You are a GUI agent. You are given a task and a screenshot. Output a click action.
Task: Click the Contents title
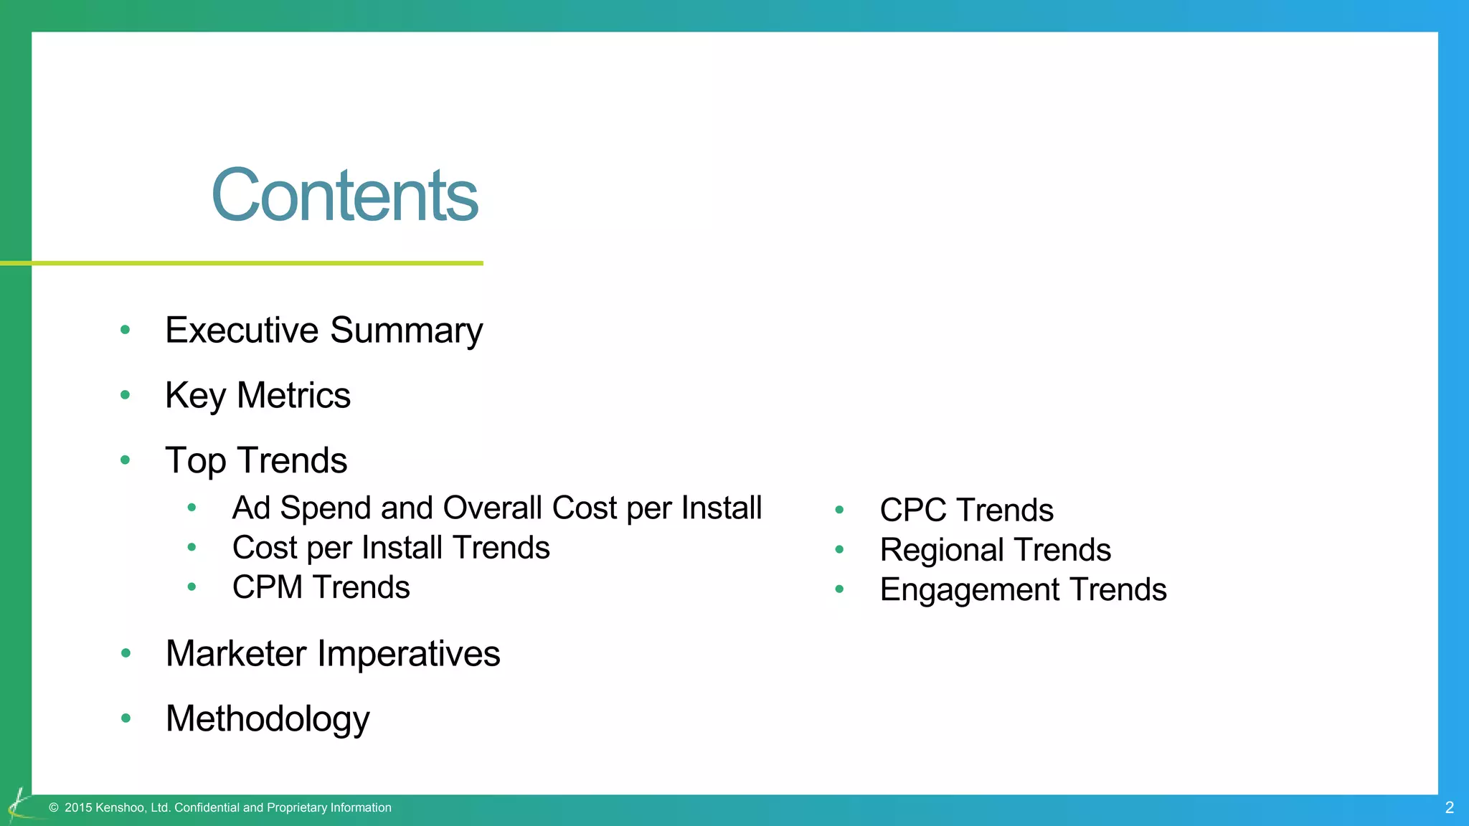pyautogui.click(x=344, y=195)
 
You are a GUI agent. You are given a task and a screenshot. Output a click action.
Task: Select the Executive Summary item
pyautogui.click(x=323, y=331)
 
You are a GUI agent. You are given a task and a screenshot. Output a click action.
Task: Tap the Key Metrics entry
pyautogui.click(x=258, y=395)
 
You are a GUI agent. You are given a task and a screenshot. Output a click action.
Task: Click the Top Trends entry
pyautogui.click(x=256, y=460)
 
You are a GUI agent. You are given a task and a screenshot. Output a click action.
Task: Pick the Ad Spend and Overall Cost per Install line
pyautogui.click(x=496, y=508)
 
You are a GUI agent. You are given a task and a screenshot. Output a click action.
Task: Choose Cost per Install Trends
pyautogui.click(x=391, y=548)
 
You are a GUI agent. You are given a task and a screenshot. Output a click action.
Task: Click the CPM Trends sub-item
pyautogui.click(x=321, y=587)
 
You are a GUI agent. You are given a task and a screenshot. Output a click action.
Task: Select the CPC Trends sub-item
pyautogui.click(x=966, y=510)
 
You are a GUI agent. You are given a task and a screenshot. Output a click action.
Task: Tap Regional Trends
pyautogui.click(x=995, y=550)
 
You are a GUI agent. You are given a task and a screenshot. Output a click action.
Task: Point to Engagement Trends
pyautogui.click(x=1023, y=589)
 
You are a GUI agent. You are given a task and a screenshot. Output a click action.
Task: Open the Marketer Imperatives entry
pyautogui.click(x=333, y=654)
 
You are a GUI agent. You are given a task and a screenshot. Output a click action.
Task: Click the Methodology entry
pyautogui.click(x=268, y=718)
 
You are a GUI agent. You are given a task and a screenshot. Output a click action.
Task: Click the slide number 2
pyautogui.click(x=1449, y=808)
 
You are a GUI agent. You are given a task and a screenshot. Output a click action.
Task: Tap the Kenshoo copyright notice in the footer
pyautogui.click(x=221, y=808)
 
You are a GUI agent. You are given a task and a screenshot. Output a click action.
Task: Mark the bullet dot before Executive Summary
pyautogui.click(x=126, y=330)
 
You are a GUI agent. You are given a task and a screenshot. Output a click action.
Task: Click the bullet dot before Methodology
pyautogui.click(x=126, y=718)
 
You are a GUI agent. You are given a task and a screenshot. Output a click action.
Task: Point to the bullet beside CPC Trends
pyautogui.click(x=839, y=510)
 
